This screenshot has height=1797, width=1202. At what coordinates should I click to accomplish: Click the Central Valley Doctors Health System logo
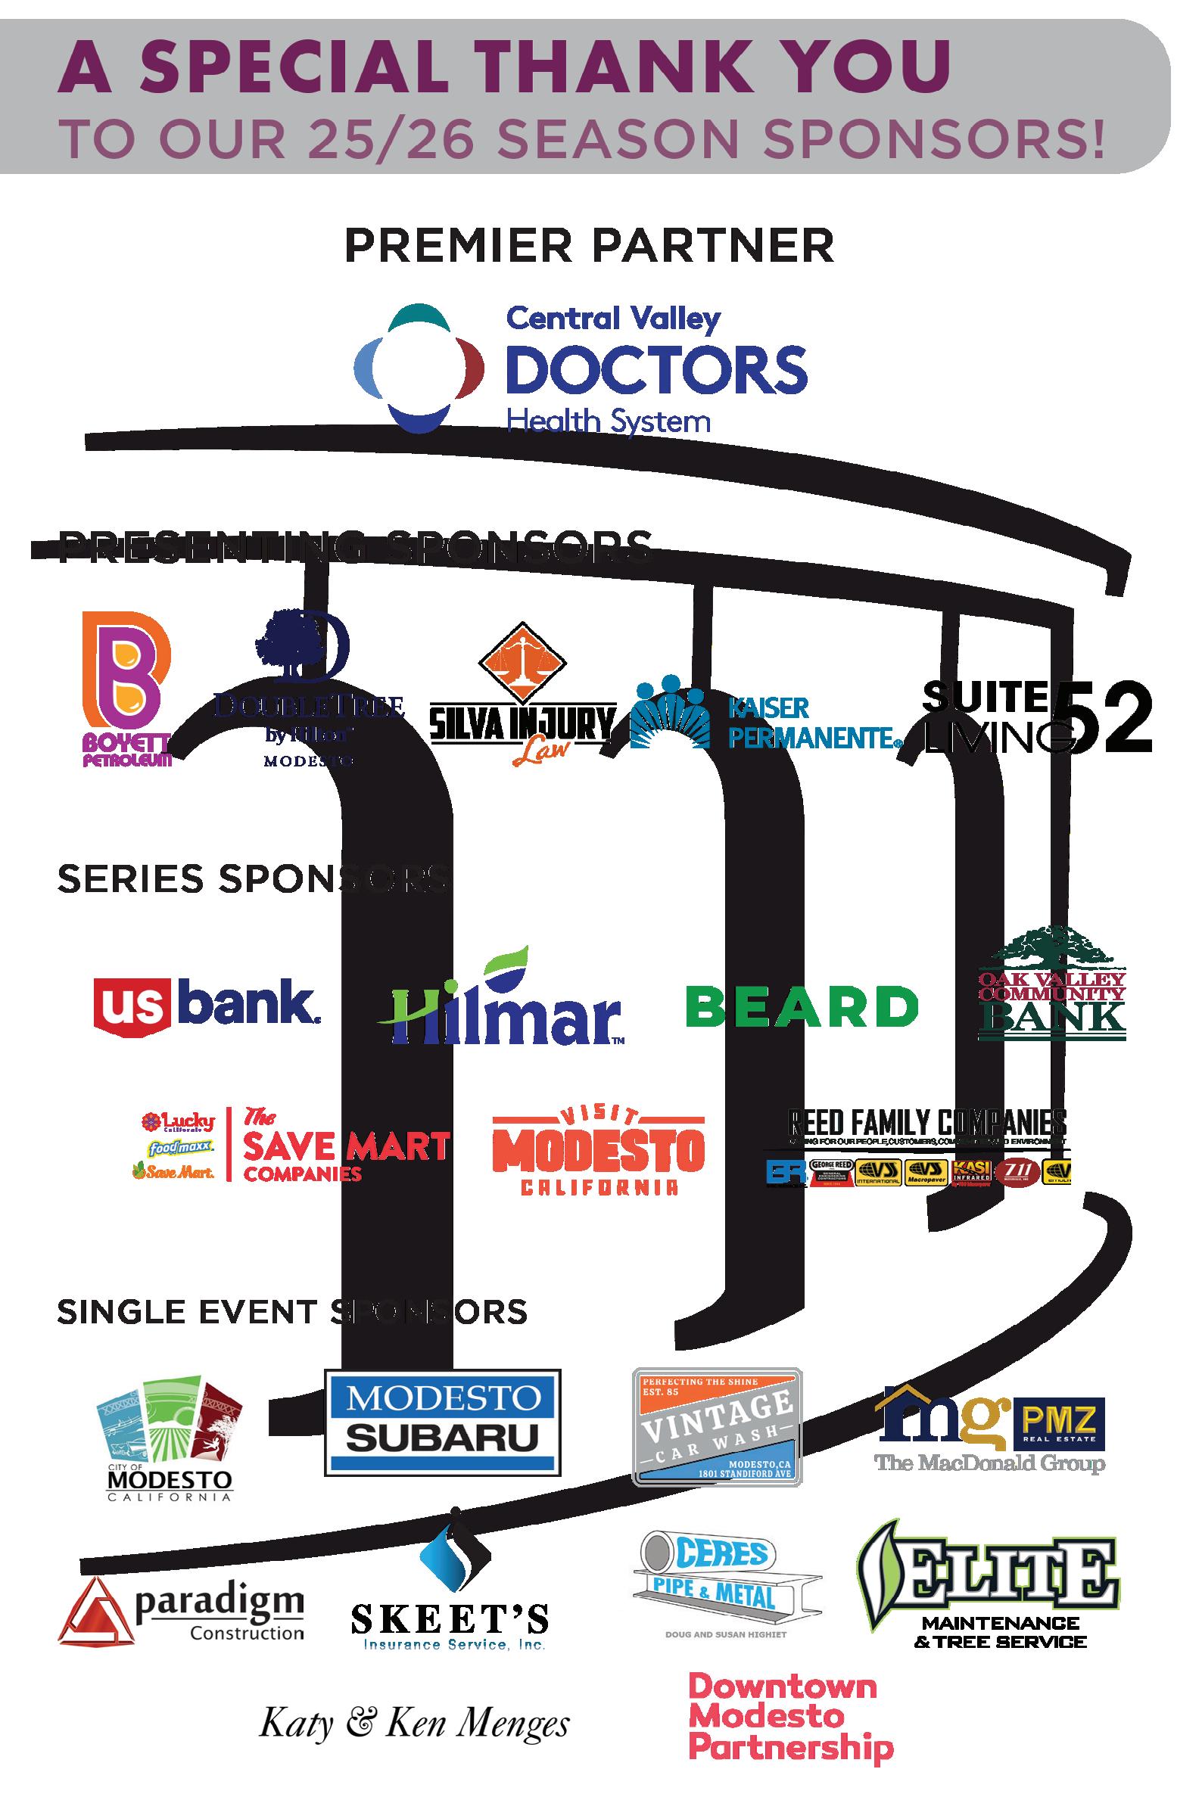point(581,368)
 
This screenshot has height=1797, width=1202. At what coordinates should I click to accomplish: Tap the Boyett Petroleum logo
point(126,688)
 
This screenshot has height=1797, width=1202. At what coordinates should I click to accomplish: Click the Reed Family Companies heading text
point(927,1124)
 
